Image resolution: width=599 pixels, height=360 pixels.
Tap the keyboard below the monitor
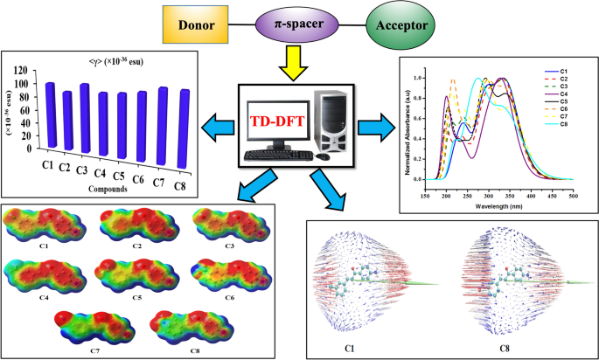coord(279,156)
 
